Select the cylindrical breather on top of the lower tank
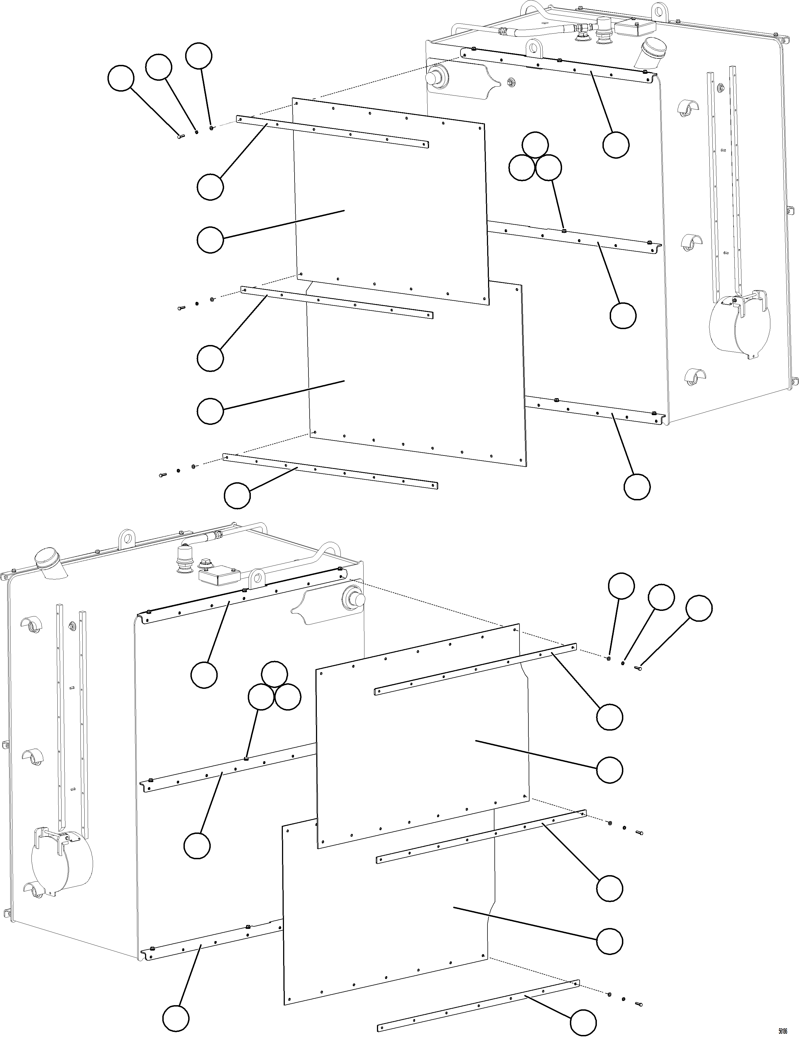[x=183, y=561]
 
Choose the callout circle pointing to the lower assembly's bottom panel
[x=609, y=941]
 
